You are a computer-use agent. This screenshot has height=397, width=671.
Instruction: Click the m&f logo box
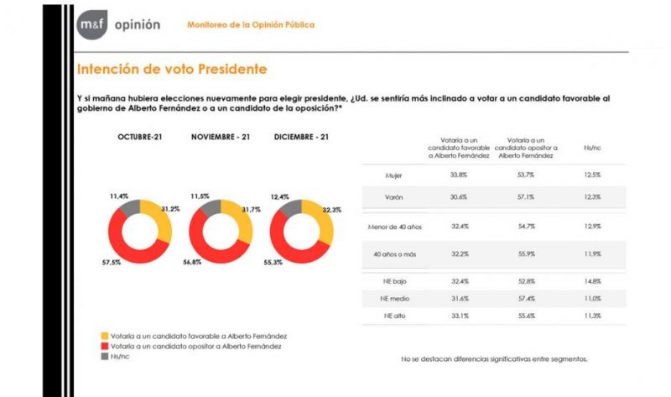pos(90,25)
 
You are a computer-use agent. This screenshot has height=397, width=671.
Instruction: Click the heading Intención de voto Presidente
pos(171,69)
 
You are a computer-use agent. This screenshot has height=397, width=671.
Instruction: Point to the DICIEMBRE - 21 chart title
pos(301,136)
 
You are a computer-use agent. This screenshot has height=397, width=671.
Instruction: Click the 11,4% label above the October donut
pos(119,196)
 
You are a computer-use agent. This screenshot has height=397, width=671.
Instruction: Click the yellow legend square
pos(104,335)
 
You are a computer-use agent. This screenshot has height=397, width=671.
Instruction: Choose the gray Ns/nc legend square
pos(104,356)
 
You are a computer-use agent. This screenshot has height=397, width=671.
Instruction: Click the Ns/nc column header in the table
pos(591,147)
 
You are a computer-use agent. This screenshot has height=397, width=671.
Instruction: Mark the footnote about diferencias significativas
pos(495,358)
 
